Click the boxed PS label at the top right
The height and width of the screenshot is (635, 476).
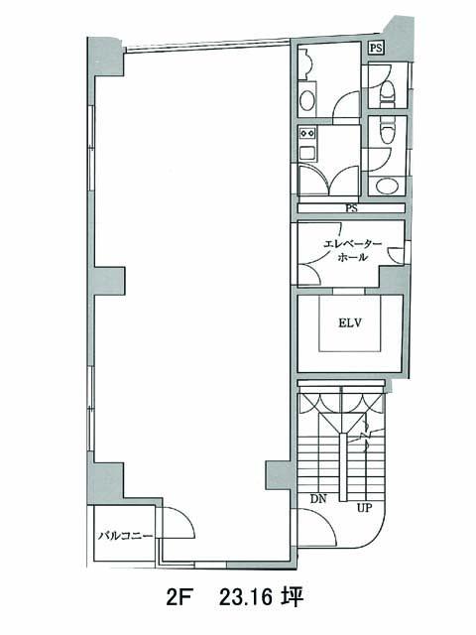point(376,49)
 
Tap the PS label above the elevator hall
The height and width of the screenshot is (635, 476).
point(351,209)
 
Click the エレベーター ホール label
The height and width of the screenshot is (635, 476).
point(352,250)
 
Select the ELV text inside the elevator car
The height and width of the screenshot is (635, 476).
point(350,323)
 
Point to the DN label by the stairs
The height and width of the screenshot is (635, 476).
point(318,499)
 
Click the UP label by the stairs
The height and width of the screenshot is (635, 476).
point(364,507)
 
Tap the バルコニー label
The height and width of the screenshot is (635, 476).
point(126,536)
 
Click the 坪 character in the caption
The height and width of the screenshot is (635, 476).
point(293,597)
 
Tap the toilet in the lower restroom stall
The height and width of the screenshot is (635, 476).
point(388,130)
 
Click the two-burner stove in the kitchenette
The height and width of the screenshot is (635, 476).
point(307,132)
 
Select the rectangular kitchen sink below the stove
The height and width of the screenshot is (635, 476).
point(307,153)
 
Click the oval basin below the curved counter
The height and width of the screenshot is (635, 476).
point(307,98)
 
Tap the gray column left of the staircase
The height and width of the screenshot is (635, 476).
point(278,476)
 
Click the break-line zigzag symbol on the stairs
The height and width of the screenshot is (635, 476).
point(366,437)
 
